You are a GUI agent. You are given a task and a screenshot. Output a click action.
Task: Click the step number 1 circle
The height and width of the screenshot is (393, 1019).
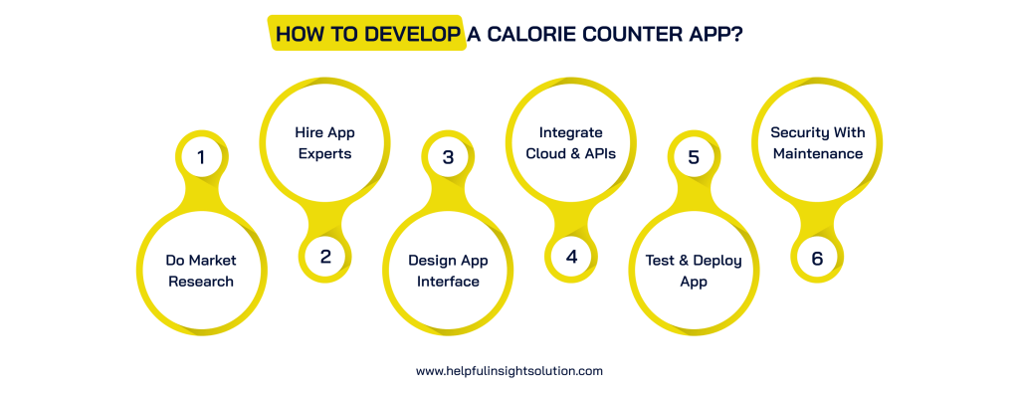tap(201, 156)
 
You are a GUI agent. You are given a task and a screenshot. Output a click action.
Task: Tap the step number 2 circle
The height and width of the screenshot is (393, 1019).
tap(324, 256)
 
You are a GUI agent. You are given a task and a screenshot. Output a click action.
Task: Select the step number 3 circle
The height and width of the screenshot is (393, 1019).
tap(448, 156)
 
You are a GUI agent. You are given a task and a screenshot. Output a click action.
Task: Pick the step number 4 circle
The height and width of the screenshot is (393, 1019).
tap(571, 256)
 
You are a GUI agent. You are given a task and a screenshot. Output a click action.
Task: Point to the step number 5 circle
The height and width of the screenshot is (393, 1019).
tap(694, 156)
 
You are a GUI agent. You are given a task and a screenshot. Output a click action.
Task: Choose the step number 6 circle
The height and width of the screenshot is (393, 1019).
tap(817, 257)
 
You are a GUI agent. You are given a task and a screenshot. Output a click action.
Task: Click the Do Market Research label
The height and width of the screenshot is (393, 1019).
tap(201, 271)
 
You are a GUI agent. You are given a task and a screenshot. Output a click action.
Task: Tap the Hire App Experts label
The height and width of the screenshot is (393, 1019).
tap(324, 142)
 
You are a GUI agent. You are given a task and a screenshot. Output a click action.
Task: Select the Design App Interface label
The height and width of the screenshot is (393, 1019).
tap(448, 271)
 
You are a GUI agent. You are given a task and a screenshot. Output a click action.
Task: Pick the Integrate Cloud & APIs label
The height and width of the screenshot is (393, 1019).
tap(571, 142)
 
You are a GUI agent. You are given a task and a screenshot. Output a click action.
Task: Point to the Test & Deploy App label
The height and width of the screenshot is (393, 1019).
tap(694, 271)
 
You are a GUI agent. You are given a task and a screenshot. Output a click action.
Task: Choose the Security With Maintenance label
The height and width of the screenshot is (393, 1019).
tap(817, 142)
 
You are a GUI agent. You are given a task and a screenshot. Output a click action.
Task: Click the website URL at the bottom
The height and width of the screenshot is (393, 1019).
tap(509, 370)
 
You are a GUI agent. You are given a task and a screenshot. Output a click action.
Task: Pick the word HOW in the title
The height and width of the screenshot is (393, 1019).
tap(298, 34)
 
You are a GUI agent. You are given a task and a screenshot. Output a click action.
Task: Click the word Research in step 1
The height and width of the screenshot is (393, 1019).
tap(201, 282)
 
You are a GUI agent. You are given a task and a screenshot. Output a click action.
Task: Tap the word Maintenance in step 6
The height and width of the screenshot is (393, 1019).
tap(817, 153)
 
